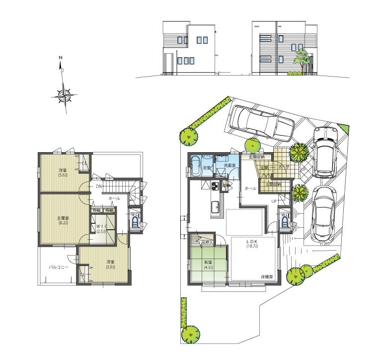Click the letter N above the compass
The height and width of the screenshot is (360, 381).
61,58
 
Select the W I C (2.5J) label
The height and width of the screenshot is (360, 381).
102,228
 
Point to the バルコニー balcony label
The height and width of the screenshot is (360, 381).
58,267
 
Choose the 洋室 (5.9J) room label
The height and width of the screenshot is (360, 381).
110,265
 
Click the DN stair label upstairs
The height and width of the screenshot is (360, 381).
99,186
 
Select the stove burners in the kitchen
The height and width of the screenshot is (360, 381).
215,187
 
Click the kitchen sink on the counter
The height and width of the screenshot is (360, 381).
216,206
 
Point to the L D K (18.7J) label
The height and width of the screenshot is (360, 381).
253,243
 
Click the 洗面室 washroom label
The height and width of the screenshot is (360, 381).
229,165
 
